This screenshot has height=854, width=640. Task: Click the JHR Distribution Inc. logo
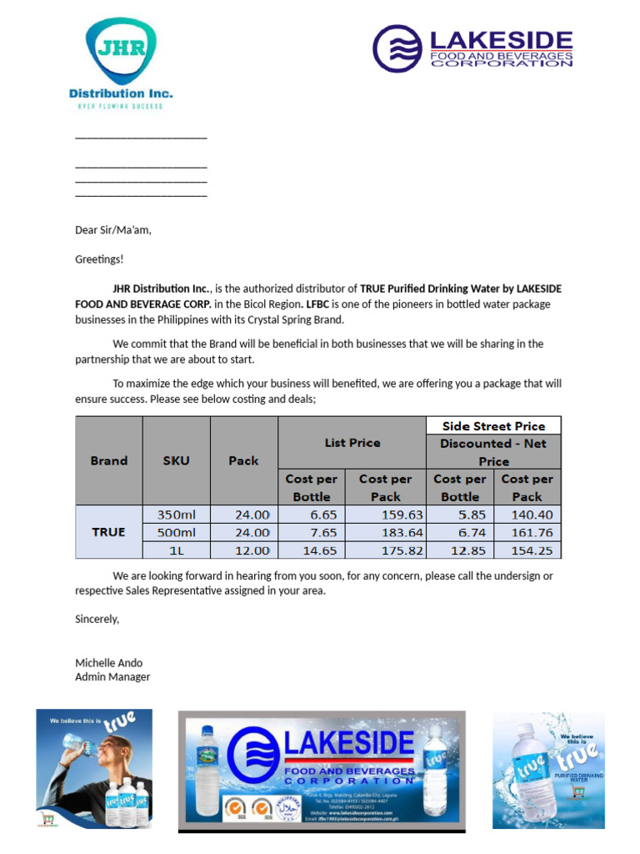[121, 64]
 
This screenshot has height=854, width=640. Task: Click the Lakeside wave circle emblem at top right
[397, 48]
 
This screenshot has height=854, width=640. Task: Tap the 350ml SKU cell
[176, 515]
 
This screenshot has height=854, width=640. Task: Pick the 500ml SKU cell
[176, 532]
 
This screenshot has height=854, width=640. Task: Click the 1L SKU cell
[176, 550]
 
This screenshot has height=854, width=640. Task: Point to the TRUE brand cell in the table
[108, 532]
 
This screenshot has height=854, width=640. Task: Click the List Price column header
[352, 443]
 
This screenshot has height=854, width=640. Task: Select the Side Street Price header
[493, 425]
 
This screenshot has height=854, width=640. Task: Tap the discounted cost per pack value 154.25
[527, 550]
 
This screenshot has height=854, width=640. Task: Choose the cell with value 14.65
[311, 550]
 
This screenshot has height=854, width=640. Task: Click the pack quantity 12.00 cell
[243, 550]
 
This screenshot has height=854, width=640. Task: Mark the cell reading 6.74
[459, 532]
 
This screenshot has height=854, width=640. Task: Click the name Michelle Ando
[108, 662]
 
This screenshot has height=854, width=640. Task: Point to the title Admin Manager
[112, 676]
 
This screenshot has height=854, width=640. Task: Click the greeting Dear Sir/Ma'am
[113, 230]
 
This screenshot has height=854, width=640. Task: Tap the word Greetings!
[98, 259]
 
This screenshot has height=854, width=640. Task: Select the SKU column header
[176, 460]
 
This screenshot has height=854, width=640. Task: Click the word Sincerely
[97, 619]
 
